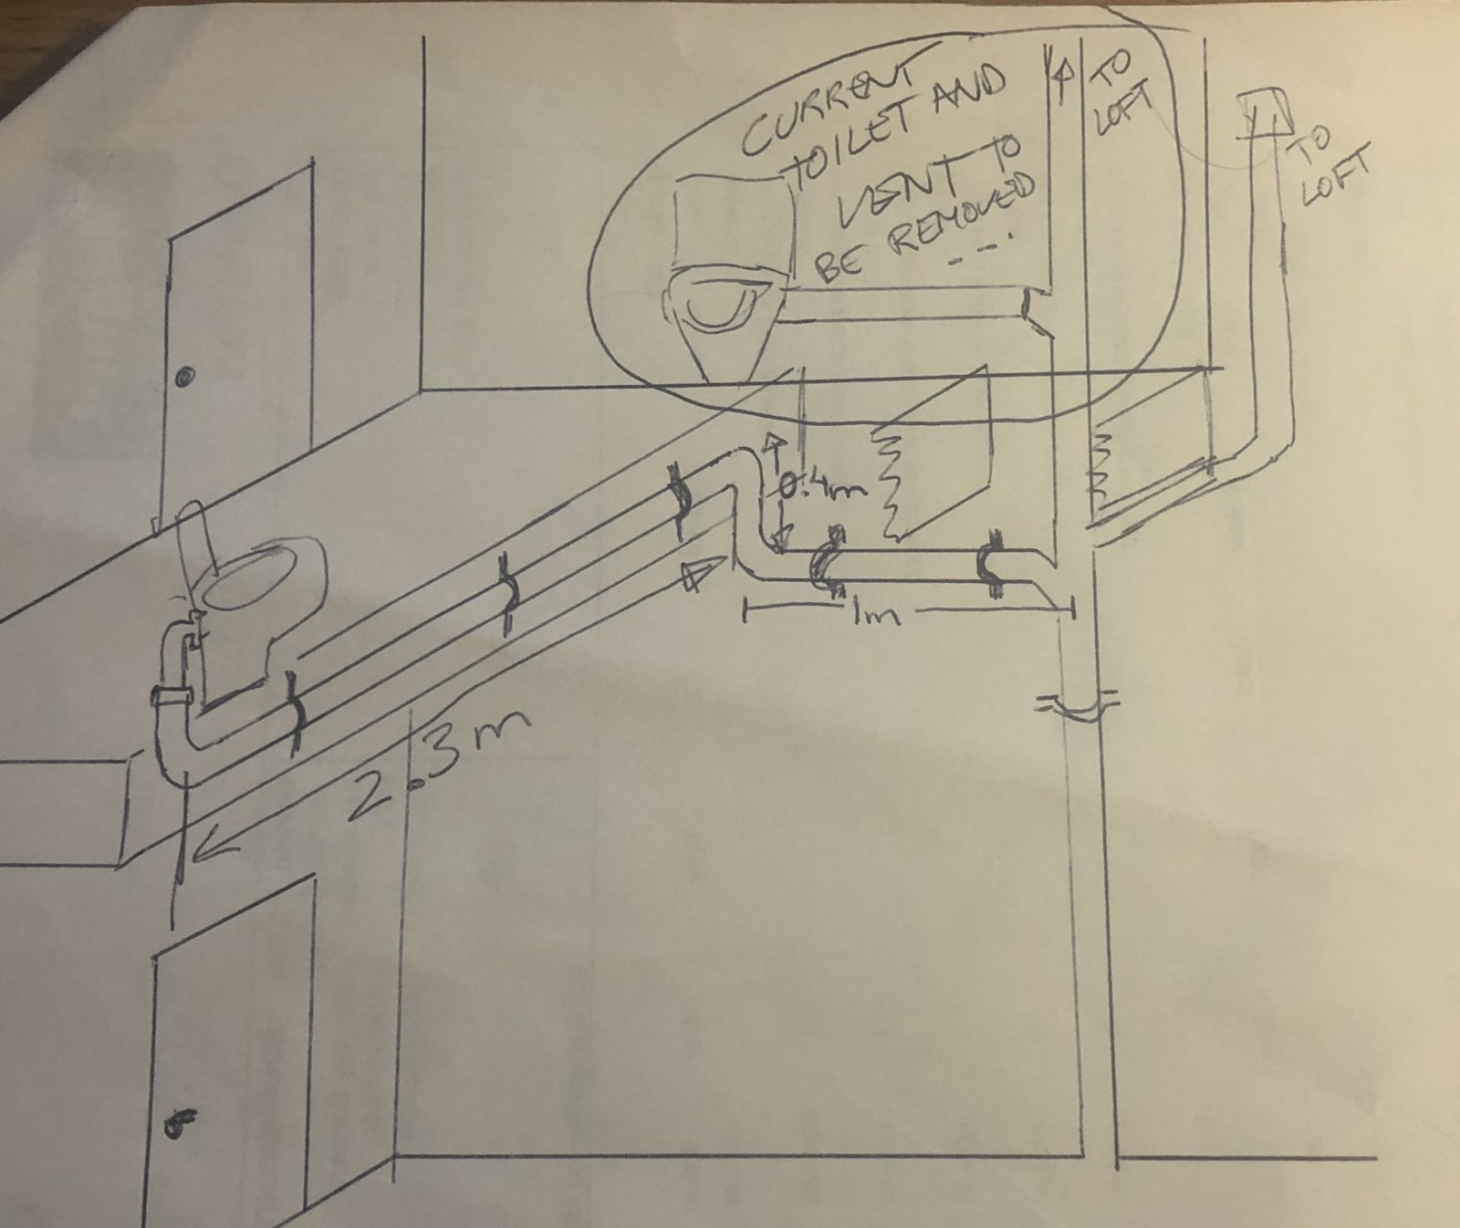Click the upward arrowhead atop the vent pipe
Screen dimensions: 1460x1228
[x=1060, y=75]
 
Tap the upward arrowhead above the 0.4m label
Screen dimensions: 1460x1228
[x=772, y=447]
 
